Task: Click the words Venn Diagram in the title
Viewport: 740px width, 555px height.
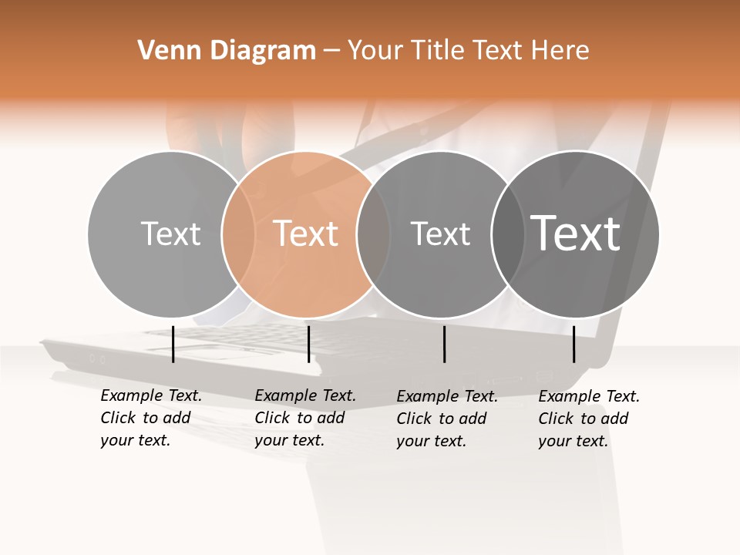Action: coord(227,51)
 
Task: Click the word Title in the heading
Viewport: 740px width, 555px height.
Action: coord(439,51)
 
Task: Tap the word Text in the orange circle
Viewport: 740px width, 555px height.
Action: coord(306,233)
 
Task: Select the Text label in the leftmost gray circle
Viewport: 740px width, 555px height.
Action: coord(170,233)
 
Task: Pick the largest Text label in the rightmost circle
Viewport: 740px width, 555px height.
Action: coord(576,233)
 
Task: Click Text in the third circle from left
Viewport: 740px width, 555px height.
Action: coord(440,234)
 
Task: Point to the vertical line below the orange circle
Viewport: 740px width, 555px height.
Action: coord(308,344)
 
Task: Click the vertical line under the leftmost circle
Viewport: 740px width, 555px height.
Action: coord(173,344)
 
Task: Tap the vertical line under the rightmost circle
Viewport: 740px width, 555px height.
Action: coord(574,344)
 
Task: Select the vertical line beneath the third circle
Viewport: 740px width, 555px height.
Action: coord(444,344)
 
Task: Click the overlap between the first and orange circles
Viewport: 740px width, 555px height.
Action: coord(238,234)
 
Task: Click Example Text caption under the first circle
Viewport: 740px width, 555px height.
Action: coord(150,418)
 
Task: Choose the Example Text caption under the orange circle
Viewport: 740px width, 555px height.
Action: coord(304,418)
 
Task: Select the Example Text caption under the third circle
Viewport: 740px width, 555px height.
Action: coord(446,419)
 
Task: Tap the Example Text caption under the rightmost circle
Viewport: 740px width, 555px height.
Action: coord(588,419)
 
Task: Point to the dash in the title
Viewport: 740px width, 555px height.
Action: coord(331,52)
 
